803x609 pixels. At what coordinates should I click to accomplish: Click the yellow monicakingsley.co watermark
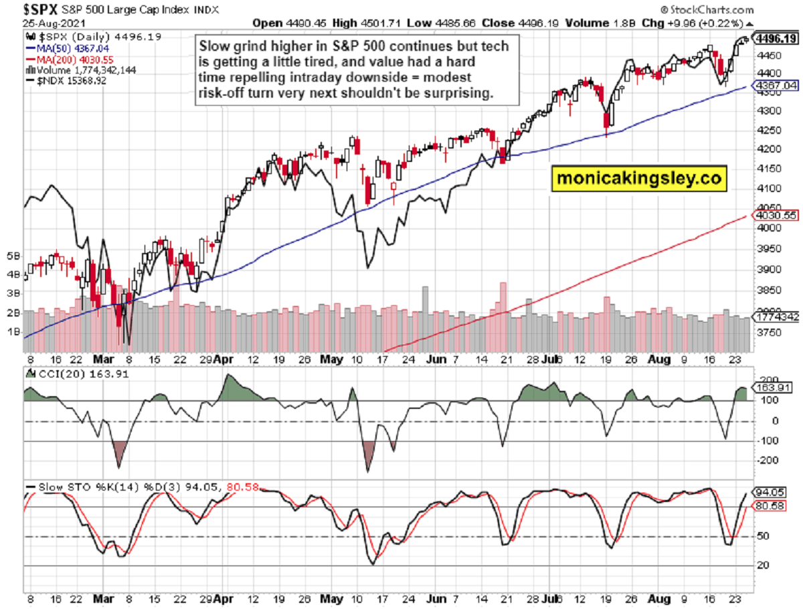point(640,179)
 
